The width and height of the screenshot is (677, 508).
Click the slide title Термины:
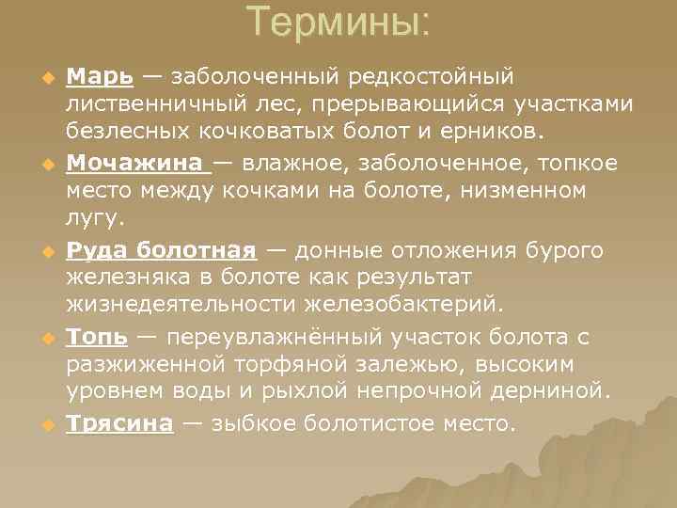(x=338, y=22)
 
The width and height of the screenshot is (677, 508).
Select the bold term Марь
(x=100, y=75)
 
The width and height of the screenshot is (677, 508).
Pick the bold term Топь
(x=98, y=337)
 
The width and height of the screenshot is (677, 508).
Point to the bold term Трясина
(x=119, y=423)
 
